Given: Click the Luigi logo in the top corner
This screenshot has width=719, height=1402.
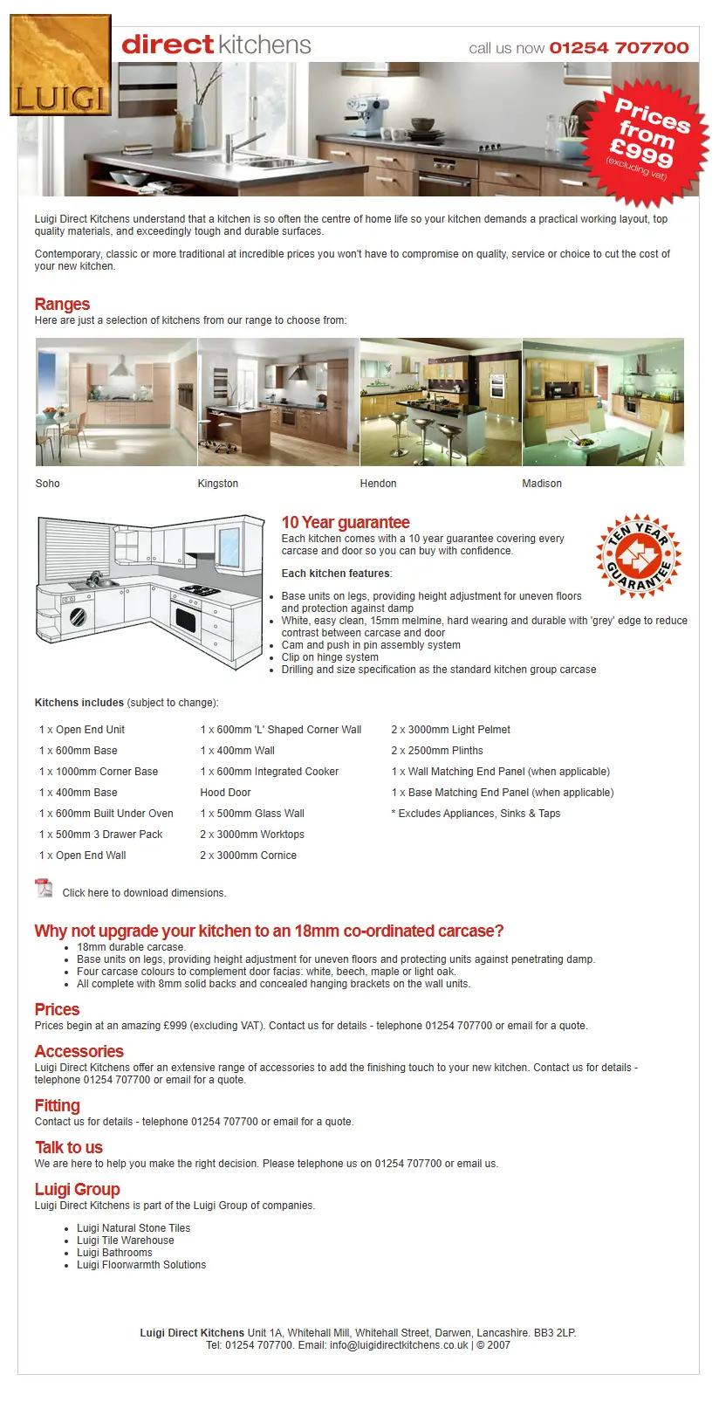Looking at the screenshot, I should pyautogui.click(x=60, y=65).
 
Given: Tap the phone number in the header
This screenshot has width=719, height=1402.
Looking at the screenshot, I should pyautogui.click(x=619, y=48).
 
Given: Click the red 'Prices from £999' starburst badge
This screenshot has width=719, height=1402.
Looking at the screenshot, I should pyautogui.click(x=647, y=138).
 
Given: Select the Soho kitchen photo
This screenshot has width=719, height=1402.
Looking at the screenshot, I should pyautogui.click(x=116, y=402).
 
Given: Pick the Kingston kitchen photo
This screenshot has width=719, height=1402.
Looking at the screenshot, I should pyautogui.click(x=278, y=402).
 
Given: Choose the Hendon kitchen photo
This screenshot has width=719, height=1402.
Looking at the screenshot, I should pyautogui.click(x=441, y=402).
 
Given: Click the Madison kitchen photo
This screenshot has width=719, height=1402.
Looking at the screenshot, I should pyautogui.click(x=603, y=402).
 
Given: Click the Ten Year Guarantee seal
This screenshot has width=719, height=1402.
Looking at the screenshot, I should pyautogui.click(x=638, y=555).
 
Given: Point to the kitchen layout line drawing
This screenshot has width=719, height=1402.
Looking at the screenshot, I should pyautogui.click(x=150, y=592).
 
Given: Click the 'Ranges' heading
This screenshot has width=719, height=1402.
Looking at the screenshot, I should pyautogui.click(x=62, y=304).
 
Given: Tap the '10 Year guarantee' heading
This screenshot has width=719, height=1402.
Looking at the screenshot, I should pyautogui.click(x=346, y=522).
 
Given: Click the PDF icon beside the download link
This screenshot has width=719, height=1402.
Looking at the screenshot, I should pyautogui.click(x=44, y=889).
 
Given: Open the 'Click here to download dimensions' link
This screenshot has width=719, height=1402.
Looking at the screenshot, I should pyautogui.click(x=144, y=893).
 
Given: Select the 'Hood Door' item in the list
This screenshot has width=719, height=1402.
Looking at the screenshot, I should pyautogui.click(x=225, y=793).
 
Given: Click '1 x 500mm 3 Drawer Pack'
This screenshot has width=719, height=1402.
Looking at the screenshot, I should pyautogui.click(x=101, y=835).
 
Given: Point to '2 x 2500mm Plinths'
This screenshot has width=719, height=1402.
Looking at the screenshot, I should pyautogui.click(x=437, y=751).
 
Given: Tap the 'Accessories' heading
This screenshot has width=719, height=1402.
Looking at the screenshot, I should pyautogui.click(x=79, y=1051).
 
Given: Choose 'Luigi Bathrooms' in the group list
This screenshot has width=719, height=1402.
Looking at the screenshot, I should pyautogui.click(x=114, y=1253).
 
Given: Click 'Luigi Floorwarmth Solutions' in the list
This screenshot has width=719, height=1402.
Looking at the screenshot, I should pyautogui.click(x=141, y=1265).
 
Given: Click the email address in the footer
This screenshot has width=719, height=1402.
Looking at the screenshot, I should pyautogui.click(x=399, y=1345).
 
